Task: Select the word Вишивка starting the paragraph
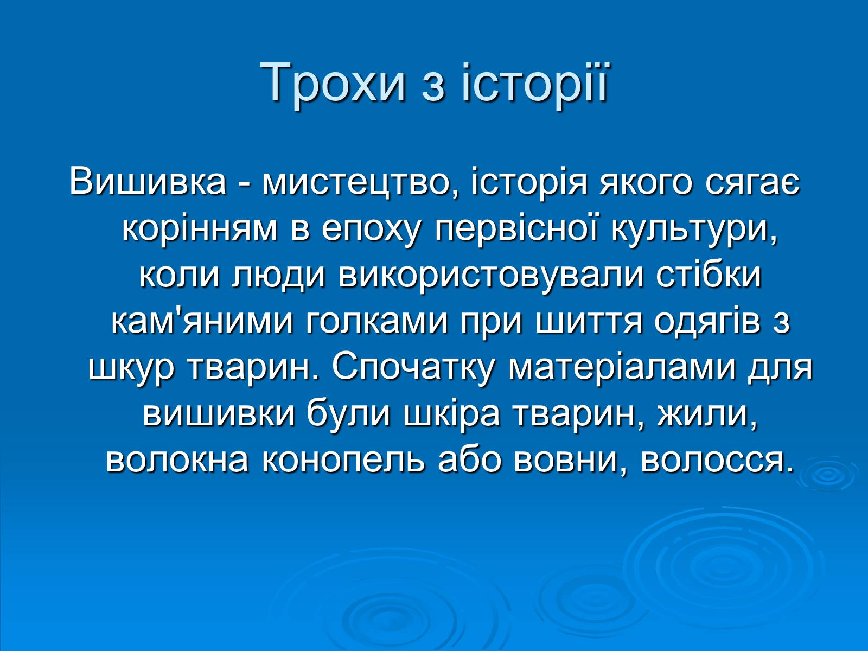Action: click(x=148, y=182)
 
